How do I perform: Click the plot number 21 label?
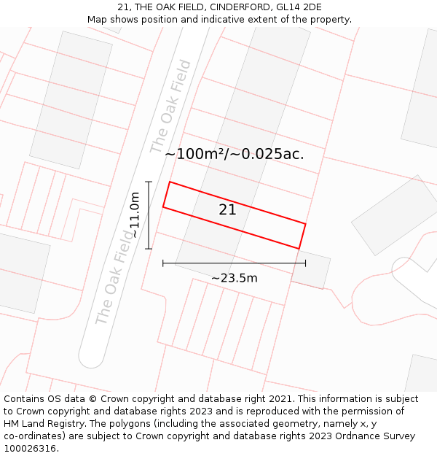click(227, 209)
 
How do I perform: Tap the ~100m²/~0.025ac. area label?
click(234, 154)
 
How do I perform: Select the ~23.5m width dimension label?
click(234, 278)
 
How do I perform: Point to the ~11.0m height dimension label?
click(134, 215)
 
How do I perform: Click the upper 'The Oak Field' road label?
click(171, 107)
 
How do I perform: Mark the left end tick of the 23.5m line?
click(163, 263)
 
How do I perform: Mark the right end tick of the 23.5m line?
click(305, 263)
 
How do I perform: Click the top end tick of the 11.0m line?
click(149, 182)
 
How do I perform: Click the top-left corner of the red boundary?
click(170, 182)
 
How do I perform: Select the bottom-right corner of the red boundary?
click(299, 249)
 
